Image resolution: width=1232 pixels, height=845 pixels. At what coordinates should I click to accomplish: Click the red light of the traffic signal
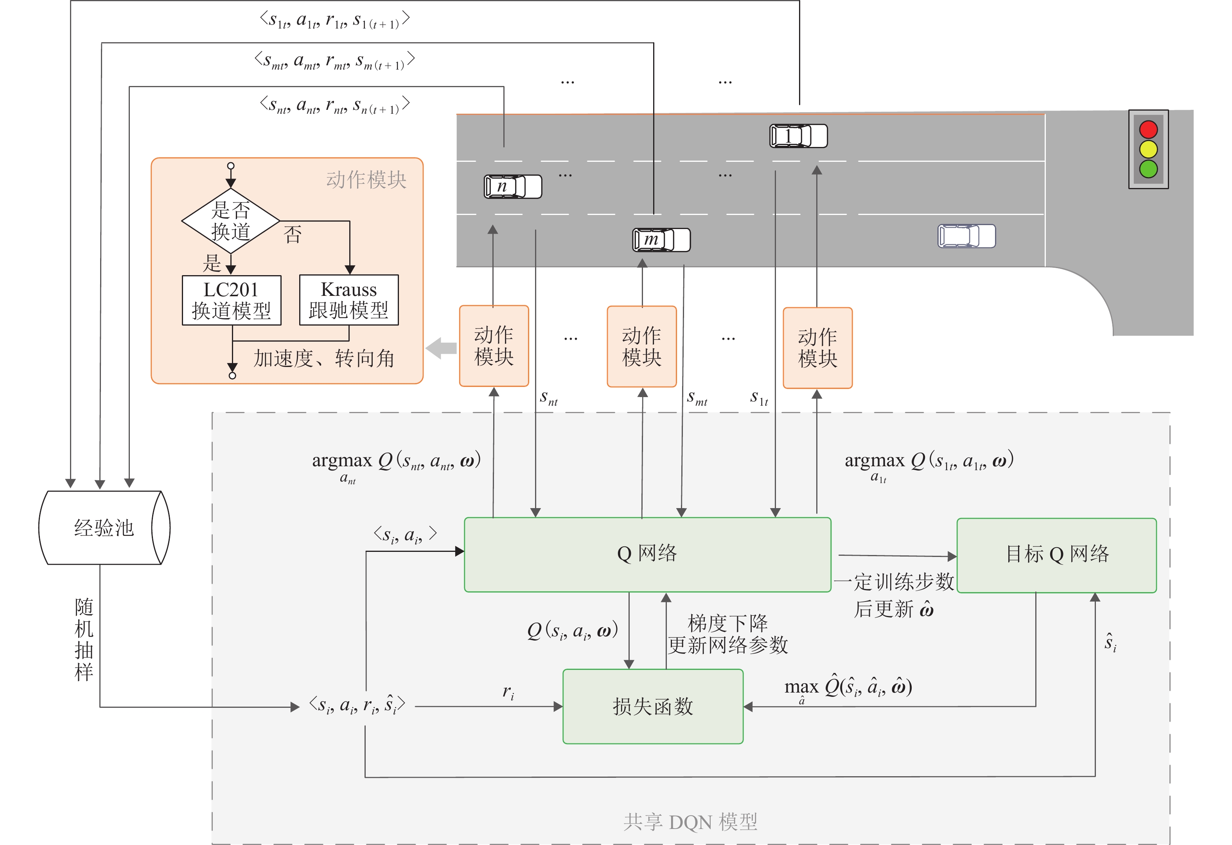1148,130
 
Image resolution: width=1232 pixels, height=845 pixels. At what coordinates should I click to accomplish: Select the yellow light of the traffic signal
1148,149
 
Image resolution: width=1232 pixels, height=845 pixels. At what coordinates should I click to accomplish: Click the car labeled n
513,186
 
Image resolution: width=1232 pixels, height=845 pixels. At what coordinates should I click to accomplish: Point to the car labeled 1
798,136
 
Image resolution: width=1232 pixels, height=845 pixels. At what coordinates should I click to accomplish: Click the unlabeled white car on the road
966,236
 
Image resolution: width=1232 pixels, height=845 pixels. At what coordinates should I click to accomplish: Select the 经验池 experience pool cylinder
104,528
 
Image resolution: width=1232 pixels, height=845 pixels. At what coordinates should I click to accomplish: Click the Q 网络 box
647,554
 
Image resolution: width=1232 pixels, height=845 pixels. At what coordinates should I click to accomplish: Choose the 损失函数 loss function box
653,706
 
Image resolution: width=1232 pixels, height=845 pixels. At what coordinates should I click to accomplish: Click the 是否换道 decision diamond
231,221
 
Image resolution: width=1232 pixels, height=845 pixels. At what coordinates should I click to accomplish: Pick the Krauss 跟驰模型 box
349,300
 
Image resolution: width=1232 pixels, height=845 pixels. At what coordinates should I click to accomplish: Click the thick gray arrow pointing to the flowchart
441,348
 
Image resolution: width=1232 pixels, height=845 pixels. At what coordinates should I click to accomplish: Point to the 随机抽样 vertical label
84,639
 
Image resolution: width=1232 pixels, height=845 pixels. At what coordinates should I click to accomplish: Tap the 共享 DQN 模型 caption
690,822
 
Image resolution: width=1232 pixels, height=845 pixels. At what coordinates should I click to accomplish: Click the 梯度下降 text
727,623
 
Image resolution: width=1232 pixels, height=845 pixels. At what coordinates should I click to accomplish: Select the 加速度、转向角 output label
324,359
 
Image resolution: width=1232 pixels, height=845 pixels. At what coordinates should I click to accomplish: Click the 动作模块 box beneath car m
641,346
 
